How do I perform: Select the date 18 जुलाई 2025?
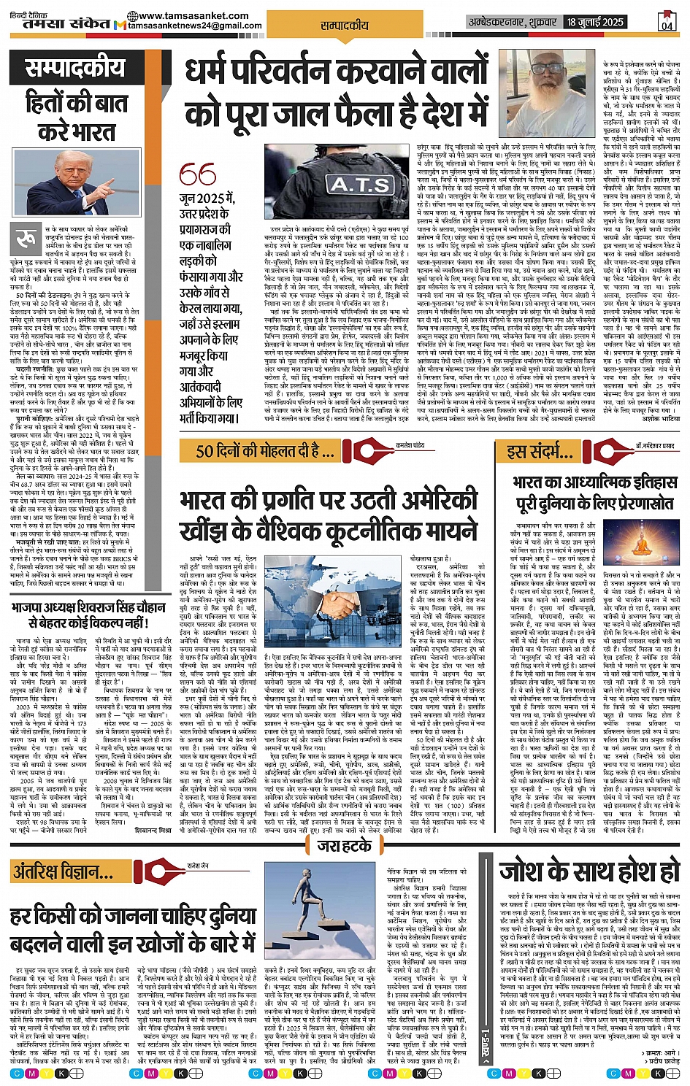[x=595, y=22]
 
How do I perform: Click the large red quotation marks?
[x=198, y=174]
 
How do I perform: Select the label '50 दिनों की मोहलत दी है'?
[x=258, y=451]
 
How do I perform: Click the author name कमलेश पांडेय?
[x=430, y=444]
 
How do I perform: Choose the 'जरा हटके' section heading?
[x=345, y=845]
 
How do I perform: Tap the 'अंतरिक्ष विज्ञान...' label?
[x=64, y=871]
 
